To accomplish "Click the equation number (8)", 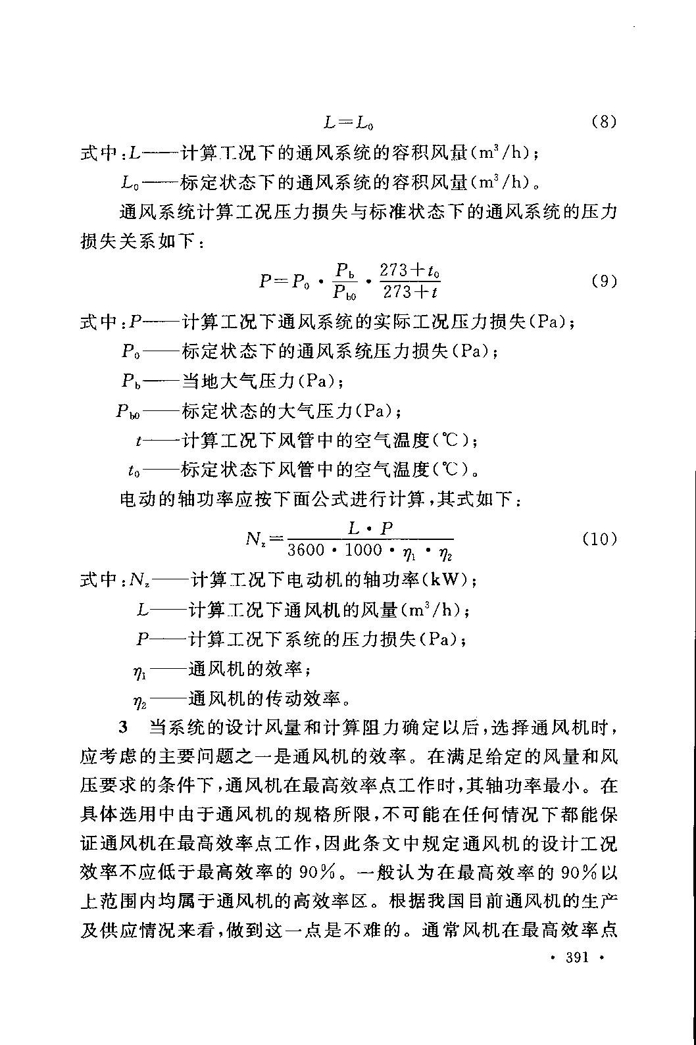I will point(603,122).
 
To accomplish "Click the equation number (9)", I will point(603,281).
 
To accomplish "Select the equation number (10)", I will point(599,540).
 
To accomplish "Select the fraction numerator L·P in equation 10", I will point(370,529).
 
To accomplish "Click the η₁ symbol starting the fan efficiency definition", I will point(139,671).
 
